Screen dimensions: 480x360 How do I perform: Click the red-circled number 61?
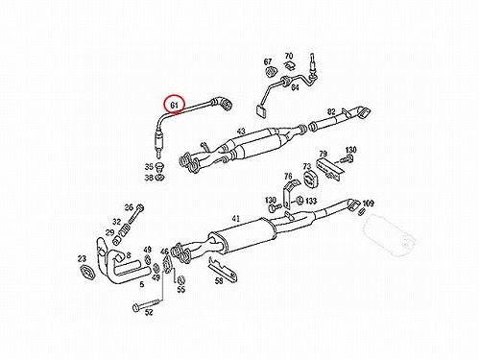[x=174, y=105]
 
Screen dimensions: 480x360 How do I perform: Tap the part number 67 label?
[x=268, y=61]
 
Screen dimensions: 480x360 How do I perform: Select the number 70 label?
[x=289, y=56]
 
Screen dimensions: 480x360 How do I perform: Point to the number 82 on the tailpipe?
[x=331, y=111]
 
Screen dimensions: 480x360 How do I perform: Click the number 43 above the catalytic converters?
[x=241, y=132]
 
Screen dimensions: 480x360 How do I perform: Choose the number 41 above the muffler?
[x=235, y=219]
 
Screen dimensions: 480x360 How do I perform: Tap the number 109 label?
[x=368, y=203]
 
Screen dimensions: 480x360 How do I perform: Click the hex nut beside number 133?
[x=300, y=201]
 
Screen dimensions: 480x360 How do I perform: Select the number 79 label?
[x=324, y=154]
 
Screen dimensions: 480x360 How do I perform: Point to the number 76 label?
[x=288, y=176]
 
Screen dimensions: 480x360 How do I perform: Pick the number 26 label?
[x=129, y=207]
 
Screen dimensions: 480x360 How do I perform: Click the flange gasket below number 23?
[x=87, y=273]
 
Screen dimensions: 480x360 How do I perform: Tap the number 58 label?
[x=219, y=281]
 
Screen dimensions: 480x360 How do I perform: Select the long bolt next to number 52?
[x=148, y=304]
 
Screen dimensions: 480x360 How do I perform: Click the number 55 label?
[x=181, y=289]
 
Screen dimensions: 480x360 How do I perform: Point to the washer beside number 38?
[x=159, y=177]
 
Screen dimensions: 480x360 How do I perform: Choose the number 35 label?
[x=149, y=167]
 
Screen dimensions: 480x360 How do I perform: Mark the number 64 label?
[x=295, y=87]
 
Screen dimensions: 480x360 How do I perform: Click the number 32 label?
[x=117, y=222]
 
